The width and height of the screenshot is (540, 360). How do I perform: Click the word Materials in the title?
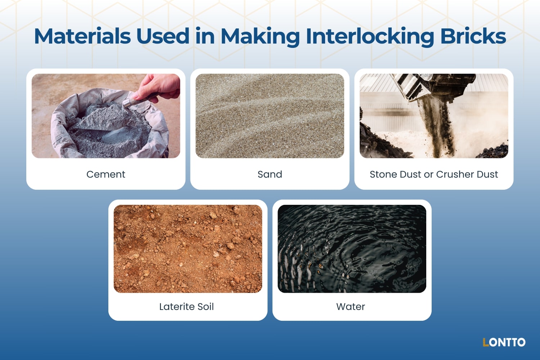click(x=82, y=36)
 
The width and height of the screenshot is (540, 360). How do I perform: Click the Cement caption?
click(x=105, y=174)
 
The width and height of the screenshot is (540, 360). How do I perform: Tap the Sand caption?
click(x=270, y=174)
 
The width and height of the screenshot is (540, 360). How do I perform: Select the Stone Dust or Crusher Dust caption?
click(x=433, y=174)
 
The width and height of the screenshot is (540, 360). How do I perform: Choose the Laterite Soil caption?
click(x=186, y=307)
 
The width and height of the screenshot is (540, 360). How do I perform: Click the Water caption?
click(x=350, y=307)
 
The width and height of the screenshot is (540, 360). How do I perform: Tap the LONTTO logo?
click(x=504, y=342)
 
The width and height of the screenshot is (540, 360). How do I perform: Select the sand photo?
click(x=270, y=116)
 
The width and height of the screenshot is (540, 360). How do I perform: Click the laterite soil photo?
click(x=188, y=249)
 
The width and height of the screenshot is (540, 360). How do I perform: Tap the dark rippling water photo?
click(x=352, y=249)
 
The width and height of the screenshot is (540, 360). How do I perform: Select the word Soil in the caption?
click(x=206, y=307)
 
